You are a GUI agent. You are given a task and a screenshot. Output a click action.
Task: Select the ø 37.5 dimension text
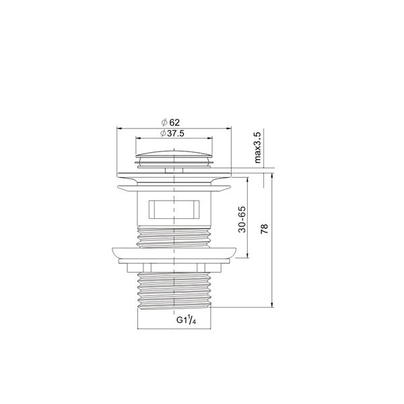click(174, 133)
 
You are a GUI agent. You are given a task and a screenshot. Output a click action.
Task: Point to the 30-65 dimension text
click(242, 218)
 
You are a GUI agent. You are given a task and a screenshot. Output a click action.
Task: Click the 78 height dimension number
click(264, 229)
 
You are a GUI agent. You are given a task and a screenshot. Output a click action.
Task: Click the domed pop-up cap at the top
click(175, 149)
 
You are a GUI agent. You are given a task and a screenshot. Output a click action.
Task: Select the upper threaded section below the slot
click(174, 236)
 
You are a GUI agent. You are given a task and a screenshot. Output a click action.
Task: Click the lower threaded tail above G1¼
click(174, 290)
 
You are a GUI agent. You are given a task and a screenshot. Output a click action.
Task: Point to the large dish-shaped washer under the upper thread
click(174, 253)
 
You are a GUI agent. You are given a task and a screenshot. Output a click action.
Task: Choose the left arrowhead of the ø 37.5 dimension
click(135, 138)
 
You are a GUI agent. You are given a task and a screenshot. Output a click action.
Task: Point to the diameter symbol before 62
click(164, 122)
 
